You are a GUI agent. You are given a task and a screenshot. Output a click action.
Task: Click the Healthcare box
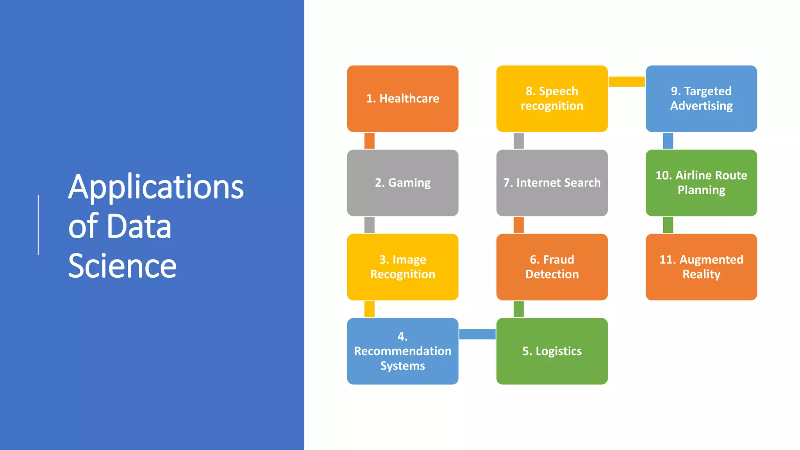click(402, 98)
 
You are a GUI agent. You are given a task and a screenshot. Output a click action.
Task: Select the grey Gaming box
click(402, 183)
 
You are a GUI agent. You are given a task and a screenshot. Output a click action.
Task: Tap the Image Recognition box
click(402, 267)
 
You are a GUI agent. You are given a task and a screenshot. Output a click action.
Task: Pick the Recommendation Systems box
click(402, 351)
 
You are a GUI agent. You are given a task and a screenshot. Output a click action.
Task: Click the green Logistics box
click(552, 351)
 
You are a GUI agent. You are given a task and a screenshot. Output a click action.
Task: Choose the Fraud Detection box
click(552, 267)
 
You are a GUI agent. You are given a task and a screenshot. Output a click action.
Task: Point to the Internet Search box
click(552, 183)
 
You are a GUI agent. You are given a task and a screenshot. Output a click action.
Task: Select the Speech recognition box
click(552, 98)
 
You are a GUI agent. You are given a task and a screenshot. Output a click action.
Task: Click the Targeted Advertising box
click(701, 98)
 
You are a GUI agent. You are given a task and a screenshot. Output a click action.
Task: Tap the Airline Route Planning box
click(701, 183)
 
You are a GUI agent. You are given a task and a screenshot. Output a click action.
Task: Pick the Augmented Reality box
click(701, 267)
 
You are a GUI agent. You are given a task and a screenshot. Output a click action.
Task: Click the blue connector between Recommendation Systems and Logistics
click(477, 334)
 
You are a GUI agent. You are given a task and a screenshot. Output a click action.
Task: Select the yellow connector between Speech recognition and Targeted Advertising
click(627, 81)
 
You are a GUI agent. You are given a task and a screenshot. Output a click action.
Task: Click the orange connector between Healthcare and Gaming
click(369, 141)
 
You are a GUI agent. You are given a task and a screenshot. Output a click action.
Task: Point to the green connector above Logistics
click(518, 309)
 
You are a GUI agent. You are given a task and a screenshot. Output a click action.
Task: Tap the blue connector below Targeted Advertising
click(668, 141)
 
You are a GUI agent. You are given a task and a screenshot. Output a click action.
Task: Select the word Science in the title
click(122, 266)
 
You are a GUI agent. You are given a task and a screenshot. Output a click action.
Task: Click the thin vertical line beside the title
click(38, 225)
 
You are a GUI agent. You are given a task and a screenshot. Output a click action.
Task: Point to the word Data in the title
click(139, 227)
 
